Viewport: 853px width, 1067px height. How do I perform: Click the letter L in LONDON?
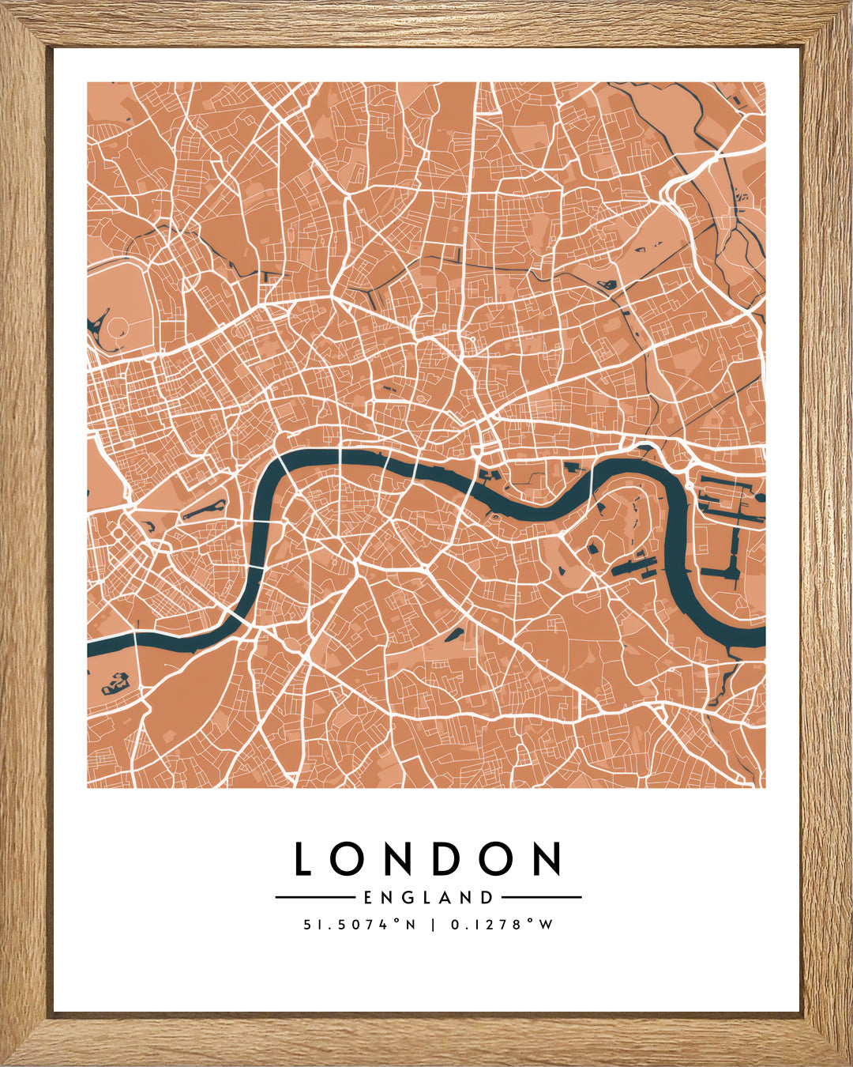coord(303,858)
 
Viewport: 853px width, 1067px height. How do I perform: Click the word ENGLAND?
coord(428,898)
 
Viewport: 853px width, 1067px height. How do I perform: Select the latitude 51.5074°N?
coord(359,924)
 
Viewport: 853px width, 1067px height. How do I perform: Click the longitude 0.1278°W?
coord(502,924)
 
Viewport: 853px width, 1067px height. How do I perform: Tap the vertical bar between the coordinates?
coord(433,924)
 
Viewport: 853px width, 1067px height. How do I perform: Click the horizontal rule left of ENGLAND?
coord(314,898)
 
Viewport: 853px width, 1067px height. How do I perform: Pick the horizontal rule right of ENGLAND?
coord(542,898)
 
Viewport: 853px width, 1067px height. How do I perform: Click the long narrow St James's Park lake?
coord(205,511)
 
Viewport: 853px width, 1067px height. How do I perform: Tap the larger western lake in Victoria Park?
coord(607,285)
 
